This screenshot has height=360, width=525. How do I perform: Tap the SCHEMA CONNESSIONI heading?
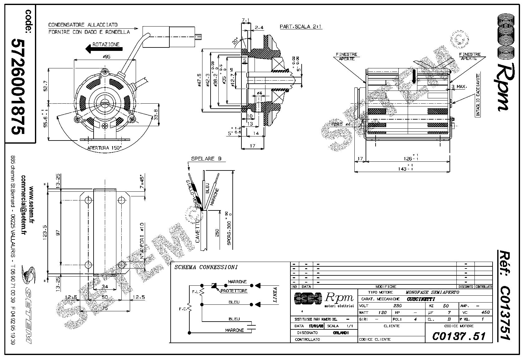pos(206,267)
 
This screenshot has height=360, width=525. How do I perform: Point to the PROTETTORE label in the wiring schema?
pos(234,291)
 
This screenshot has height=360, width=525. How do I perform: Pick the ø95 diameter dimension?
pos(107,57)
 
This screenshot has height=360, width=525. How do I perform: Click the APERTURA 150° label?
pos(105,148)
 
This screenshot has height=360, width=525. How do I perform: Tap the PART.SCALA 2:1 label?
pos(301,27)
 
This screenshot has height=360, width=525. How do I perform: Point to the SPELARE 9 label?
pos(207,159)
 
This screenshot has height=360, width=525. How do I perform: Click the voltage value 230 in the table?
pos(397,306)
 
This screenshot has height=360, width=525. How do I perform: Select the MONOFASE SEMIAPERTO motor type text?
pos(432,293)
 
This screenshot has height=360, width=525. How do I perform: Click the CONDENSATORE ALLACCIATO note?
pos(83,24)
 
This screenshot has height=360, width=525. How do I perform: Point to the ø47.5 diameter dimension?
pos(200,81)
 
